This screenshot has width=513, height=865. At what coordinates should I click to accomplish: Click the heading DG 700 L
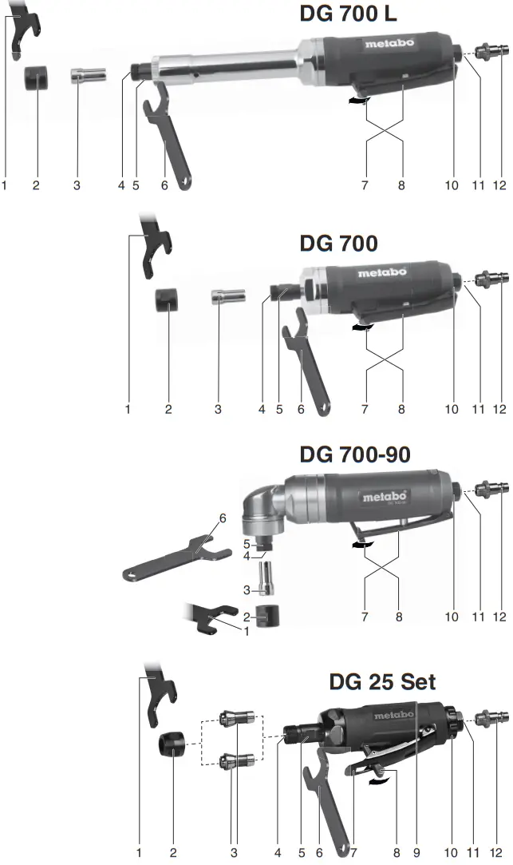click(348, 14)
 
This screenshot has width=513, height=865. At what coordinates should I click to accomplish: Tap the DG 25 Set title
click(382, 682)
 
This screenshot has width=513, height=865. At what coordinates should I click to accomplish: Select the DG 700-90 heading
click(354, 454)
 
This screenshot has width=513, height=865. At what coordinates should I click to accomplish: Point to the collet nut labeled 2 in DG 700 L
click(36, 79)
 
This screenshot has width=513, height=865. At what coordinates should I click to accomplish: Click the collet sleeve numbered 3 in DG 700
click(221, 297)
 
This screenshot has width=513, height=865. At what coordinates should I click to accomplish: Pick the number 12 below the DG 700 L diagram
click(499, 185)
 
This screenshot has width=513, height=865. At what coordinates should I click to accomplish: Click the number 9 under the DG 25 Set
click(416, 853)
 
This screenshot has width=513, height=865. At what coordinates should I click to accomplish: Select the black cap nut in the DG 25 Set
click(172, 744)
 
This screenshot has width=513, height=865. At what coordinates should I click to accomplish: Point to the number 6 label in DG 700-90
click(223, 518)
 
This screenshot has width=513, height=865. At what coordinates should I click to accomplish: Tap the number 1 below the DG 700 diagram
click(128, 410)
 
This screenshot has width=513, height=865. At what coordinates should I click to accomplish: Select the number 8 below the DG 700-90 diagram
click(399, 617)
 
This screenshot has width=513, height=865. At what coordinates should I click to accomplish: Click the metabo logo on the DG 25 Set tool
click(393, 715)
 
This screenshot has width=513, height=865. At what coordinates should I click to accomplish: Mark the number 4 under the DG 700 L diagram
click(121, 185)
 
